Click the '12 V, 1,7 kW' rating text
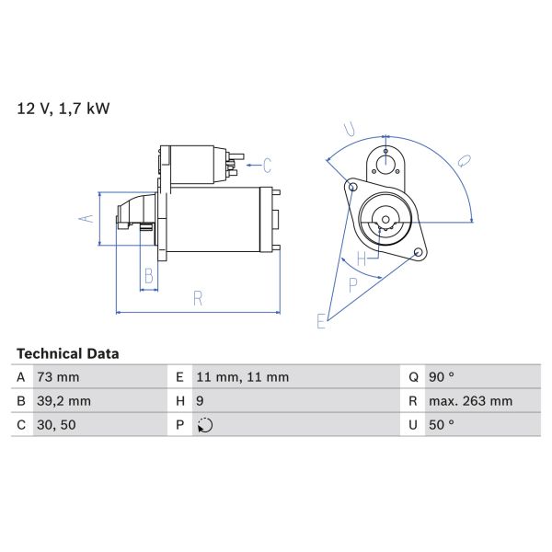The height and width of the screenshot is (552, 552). [x=63, y=109]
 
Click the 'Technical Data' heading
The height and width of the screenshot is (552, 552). [x=67, y=353]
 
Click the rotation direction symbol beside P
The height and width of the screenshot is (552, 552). [x=205, y=425]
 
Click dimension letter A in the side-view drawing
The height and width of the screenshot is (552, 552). [x=85, y=219]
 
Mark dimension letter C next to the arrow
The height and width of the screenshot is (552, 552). [x=267, y=167]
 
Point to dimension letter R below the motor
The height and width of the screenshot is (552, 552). [x=198, y=297]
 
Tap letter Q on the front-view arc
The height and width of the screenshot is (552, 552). [x=465, y=161]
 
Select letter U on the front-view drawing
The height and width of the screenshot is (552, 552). [x=350, y=128]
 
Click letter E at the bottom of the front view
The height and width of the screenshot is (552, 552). [x=321, y=321]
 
